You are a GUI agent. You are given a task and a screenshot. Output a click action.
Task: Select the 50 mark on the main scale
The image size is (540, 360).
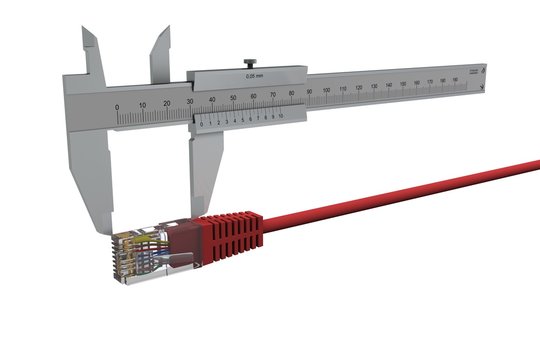coord(232,98)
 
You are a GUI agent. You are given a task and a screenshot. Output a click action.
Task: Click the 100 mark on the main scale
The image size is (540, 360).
coord(326,91)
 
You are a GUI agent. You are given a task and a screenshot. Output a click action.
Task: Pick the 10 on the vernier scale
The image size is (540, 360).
coord(281,117)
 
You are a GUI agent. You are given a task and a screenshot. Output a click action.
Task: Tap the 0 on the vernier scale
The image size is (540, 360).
coord(200,123)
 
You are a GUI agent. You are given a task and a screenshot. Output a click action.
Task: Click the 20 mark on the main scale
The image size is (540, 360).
coord(164,103)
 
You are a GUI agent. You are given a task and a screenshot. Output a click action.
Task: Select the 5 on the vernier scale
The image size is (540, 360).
coord(241,120)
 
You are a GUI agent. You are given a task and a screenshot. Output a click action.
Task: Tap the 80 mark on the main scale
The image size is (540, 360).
coord(290,94)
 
